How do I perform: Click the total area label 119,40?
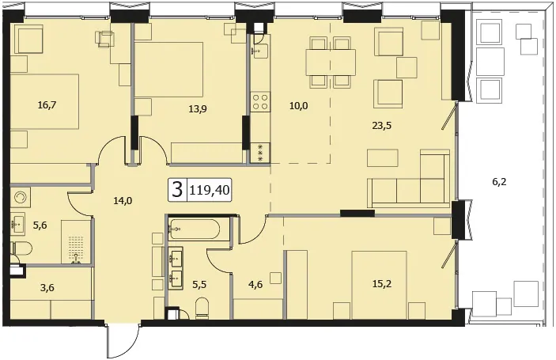(x=210, y=191)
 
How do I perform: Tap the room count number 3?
(x=177, y=190)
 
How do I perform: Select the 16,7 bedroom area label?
(x=47, y=105)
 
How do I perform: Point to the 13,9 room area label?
(x=198, y=109)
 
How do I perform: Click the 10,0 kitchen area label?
(x=299, y=106)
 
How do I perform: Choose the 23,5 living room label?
(x=382, y=125)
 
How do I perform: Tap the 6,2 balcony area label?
(x=499, y=182)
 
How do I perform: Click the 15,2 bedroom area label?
(x=382, y=284)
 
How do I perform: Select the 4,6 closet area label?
(x=255, y=285)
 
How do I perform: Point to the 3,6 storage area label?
(x=47, y=288)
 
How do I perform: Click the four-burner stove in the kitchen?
(x=260, y=102)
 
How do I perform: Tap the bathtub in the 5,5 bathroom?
(x=199, y=229)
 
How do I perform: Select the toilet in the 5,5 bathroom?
(x=202, y=307)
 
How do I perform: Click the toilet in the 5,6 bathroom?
(x=21, y=248)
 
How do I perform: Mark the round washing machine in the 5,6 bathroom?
(x=21, y=197)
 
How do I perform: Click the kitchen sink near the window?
(x=260, y=50)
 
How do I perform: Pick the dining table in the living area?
(x=331, y=62)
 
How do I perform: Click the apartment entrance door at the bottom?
(x=123, y=340)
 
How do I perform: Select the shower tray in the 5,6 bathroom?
(x=75, y=242)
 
